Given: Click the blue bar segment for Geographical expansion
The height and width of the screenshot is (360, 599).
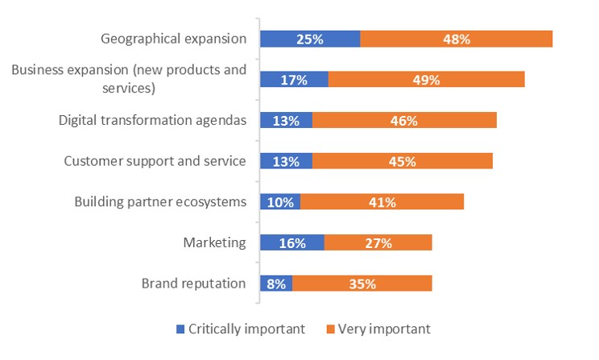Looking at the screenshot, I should coord(310,39).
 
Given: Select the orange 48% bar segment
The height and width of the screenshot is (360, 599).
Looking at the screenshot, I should coord(456,39).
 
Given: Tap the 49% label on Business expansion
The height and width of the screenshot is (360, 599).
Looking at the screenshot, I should coord(426,80).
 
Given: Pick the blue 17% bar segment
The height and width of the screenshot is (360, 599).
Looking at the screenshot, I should coord(294,80).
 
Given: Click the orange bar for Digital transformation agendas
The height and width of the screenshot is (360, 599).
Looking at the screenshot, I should coord(404,121).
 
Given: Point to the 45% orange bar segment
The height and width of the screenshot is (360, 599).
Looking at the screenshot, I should coord(402,161).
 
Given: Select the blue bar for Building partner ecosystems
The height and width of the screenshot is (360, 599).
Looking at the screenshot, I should coord(280,202).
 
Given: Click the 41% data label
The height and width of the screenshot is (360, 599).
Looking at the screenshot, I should coord(382,202).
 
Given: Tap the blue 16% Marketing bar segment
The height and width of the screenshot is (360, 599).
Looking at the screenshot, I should coord(291,242).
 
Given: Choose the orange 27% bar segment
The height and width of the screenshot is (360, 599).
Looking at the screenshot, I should coord(378,242).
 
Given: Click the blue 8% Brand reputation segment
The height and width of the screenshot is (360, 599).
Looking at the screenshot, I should coord(276,283).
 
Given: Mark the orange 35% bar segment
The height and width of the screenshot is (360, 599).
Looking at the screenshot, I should coord(362,283).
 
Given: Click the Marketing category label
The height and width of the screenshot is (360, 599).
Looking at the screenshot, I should coord(214,242).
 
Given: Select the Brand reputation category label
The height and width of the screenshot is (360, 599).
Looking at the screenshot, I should coord(193,283).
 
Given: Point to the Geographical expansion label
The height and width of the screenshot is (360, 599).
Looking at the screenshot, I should coord(173,39).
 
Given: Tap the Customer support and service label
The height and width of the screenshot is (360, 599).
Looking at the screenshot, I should coord(155,161).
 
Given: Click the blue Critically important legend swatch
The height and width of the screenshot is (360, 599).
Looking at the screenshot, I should coord(180,329).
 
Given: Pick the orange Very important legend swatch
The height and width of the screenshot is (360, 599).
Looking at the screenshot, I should coord(330,329).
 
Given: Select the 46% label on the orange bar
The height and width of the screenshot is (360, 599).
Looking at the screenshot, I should coord(403,121).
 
